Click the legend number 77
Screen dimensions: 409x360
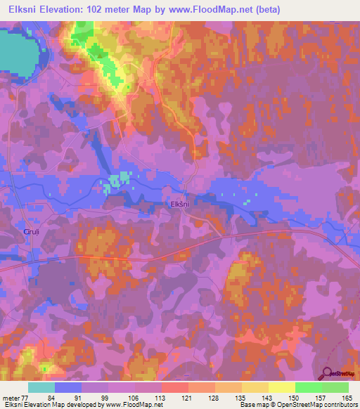point(26,398)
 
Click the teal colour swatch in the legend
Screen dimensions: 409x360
point(41,387)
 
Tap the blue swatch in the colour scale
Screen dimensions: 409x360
point(68,387)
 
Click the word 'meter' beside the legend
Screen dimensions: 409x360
point(11,398)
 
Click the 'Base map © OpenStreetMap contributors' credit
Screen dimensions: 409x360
point(297,405)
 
